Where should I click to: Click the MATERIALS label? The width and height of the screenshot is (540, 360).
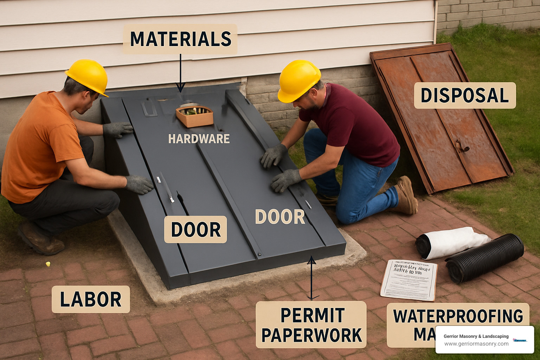coord(180,39)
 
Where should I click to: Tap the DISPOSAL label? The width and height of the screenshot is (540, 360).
coord(465,96)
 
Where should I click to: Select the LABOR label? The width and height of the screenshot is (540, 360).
coord(91,299)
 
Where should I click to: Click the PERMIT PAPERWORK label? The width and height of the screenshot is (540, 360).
coord(311,325)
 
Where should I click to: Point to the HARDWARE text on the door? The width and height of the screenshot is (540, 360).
coord(199,139)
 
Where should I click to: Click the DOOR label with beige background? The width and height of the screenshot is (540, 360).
coord(195,230)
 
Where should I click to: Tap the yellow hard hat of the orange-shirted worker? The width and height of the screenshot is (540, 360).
coord(88,76)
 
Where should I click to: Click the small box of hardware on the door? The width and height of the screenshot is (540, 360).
coord(194,116)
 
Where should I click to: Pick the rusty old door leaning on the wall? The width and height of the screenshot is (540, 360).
coord(439,116)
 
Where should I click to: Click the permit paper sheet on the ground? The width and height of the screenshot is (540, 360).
coord(409,280)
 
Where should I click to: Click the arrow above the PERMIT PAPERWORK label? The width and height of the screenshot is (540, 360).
coord(311,278)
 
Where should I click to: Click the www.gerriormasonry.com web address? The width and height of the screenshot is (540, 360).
coord(476,344)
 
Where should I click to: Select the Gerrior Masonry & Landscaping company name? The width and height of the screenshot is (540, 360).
coord(476,336)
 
